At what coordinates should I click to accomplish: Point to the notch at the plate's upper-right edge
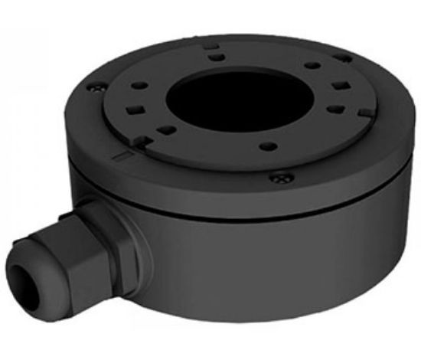click(x=341, y=57)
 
